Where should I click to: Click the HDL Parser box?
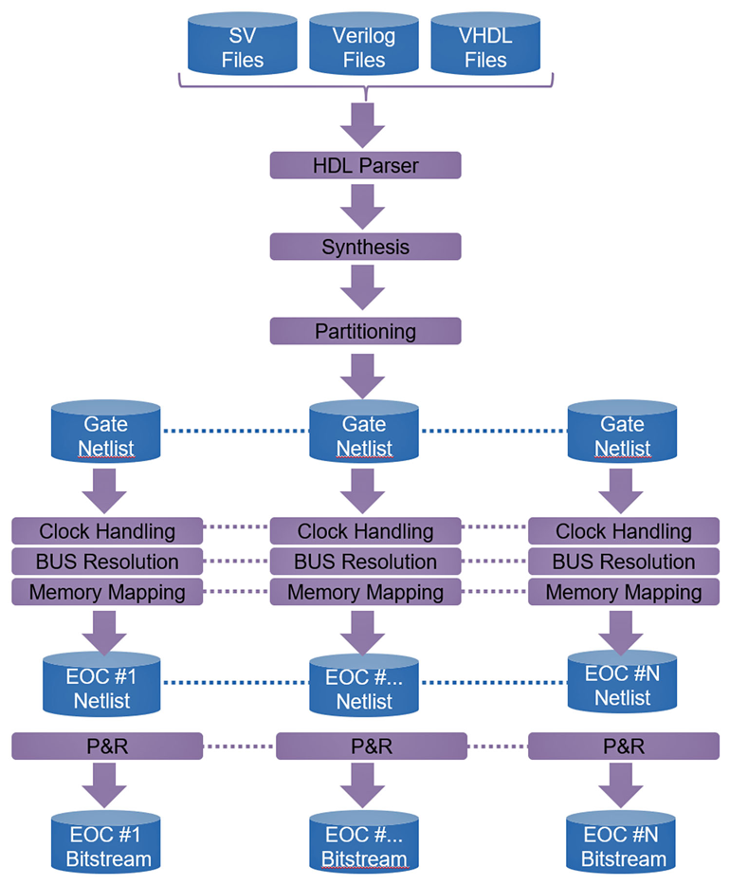coord(365,166)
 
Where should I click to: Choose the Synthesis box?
coord(365,248)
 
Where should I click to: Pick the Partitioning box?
coord(365,331)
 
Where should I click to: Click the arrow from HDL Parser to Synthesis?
coord(365,207)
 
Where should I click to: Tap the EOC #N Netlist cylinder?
coord(623,687)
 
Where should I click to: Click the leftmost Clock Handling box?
coord(107,531)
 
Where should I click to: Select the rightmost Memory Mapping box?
coord(623,593)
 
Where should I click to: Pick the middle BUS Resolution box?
coord(365,562)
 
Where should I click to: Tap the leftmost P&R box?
coord(107,747)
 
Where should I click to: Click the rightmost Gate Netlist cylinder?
coord(623,435)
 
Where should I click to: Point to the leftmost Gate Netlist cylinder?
coord(107,435)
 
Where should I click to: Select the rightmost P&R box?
coord(623,747)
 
